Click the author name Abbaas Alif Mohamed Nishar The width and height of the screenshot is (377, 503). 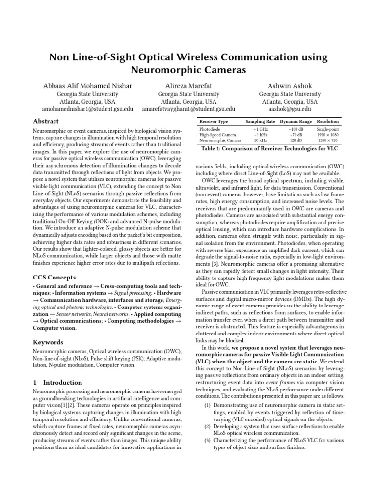tap(87, 85)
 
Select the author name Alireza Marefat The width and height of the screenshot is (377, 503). tap(189, 85)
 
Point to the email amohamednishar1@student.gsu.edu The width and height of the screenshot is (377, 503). tap(87, 109)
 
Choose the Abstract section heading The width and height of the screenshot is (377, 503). tap(46, 121)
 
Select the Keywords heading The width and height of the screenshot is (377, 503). tap(48, 342)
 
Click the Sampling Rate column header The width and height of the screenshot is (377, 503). tap(260, 121)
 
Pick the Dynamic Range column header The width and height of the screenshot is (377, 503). tap(296, 121)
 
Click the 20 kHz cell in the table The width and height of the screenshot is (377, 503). tap(260, 140)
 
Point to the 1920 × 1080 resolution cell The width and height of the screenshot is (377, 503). tap(328, 135)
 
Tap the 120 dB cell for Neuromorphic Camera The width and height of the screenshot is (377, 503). tap(296, 140)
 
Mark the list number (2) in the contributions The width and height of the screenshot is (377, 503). tap(208, 427)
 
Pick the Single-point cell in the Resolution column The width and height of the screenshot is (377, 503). tap(328, 129)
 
